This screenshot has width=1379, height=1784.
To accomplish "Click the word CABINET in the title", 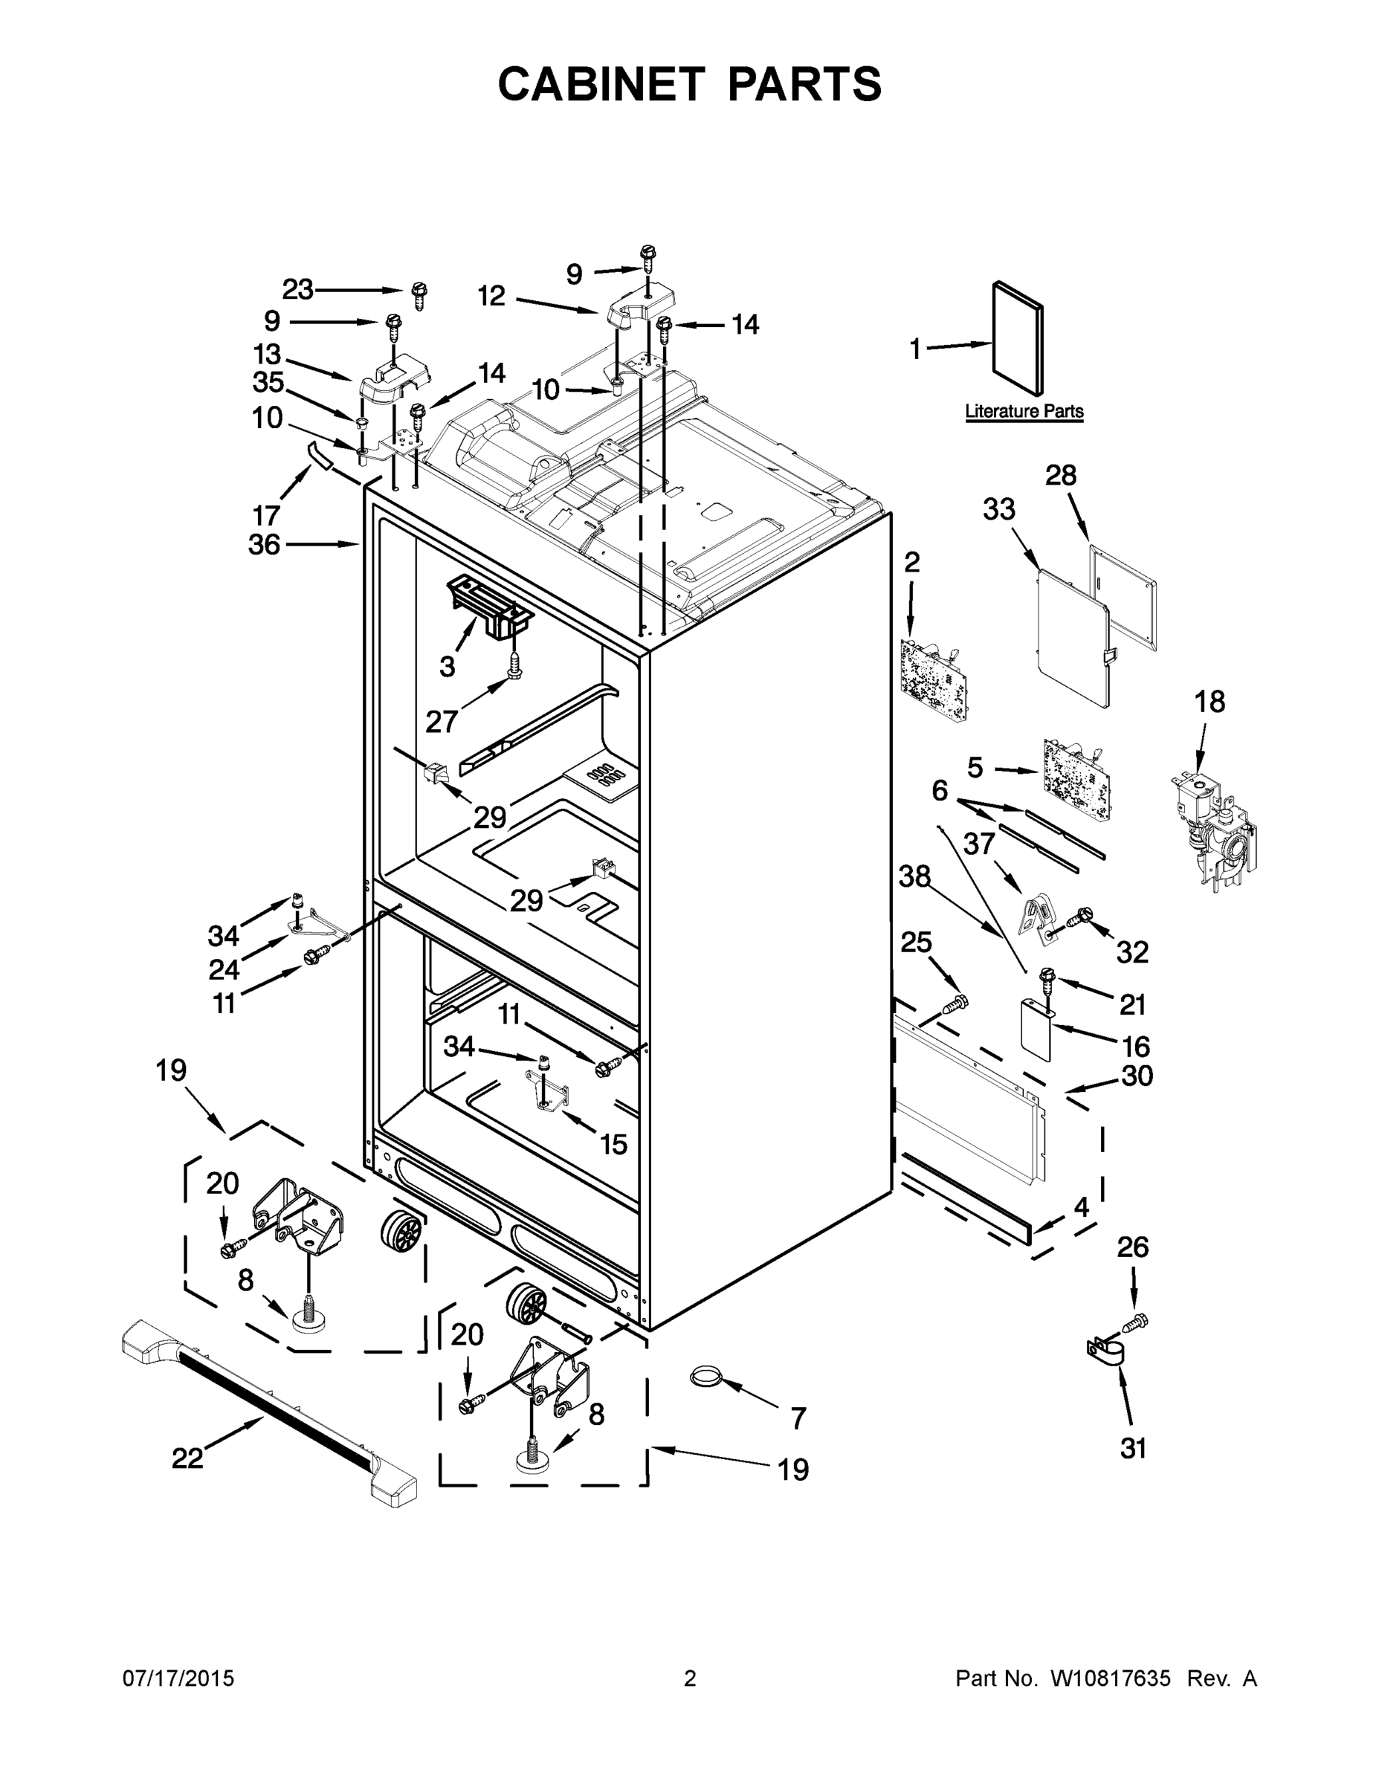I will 601,83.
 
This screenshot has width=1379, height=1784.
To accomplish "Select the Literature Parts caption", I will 1024,411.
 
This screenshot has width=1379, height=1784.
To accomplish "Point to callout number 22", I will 187,1457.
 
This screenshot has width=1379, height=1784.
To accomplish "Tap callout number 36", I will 264,544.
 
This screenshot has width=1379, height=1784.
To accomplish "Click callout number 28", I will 1060,476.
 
